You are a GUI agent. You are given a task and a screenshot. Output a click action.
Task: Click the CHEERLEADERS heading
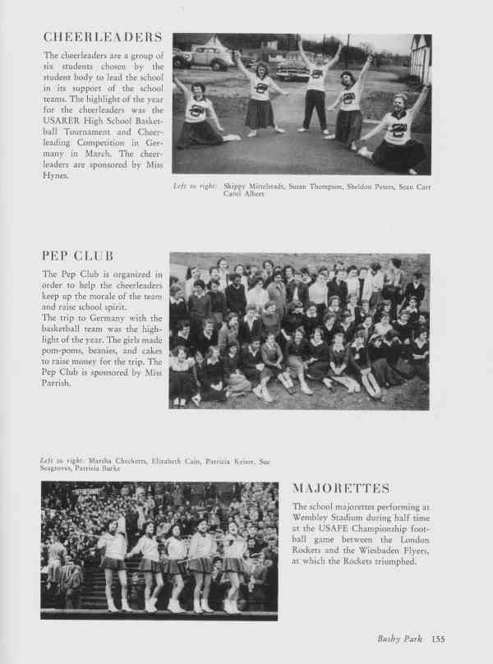click(x=102, y=38)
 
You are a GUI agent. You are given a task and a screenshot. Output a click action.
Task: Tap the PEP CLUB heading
click(x=79, y=256)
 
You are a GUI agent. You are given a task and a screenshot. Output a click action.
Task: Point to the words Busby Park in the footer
click(x=399, y=637)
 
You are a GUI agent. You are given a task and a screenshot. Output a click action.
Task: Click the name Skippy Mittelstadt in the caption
click(x=251, y=187)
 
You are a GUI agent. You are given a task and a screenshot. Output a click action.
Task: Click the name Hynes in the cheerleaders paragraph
click(x=59, y=174)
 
